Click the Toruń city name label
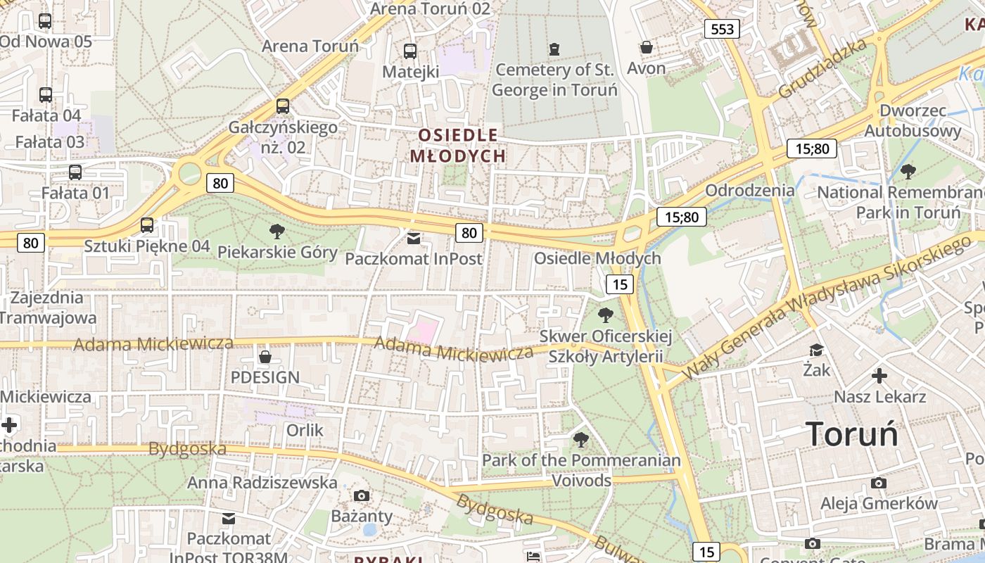(852, 434)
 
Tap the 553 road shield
(723, 29)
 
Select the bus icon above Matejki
(409, 51)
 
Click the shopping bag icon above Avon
(646, 47)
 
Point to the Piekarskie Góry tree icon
(277, 231)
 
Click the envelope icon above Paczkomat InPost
(413, 239)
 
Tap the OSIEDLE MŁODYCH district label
(458, 145)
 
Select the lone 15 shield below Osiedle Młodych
(619, 284)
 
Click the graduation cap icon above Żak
(816, 350)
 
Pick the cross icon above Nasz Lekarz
(879, 376)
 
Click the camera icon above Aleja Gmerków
(878, 483)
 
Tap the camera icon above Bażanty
(362, 495)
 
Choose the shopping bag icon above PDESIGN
(265, 357)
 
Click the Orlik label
(305, 429)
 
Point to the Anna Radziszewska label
(262, 483)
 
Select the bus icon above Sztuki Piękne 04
(146, 225)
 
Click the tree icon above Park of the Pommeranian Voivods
(580, 440)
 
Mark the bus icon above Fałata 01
(75, 172)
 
